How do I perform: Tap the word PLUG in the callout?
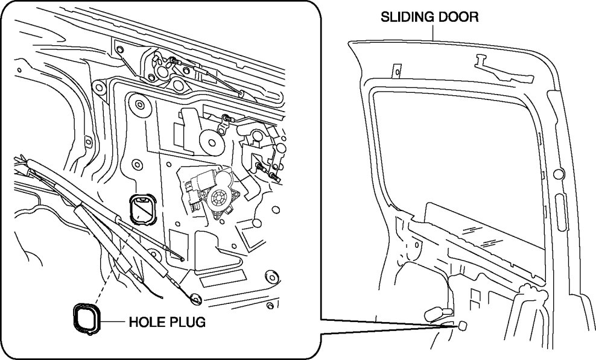tap(187, 323)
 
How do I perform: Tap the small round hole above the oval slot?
tap(557, 175)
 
